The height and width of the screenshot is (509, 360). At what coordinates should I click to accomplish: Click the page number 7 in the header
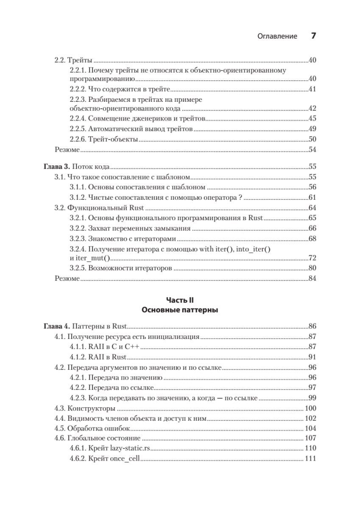314,36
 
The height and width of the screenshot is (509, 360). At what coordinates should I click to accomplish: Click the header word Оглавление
277,36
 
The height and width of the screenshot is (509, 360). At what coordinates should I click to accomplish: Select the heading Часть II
180,300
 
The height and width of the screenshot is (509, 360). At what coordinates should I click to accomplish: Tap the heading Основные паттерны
180,310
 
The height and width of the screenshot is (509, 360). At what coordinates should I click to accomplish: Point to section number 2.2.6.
78,139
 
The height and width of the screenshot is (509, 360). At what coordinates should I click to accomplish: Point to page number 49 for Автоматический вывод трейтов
313,129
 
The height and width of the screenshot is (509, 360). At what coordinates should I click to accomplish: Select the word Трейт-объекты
113,139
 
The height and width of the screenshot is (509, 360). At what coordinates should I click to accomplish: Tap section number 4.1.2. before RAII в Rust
78,357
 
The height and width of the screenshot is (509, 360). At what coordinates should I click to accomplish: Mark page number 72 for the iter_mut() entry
313,258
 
